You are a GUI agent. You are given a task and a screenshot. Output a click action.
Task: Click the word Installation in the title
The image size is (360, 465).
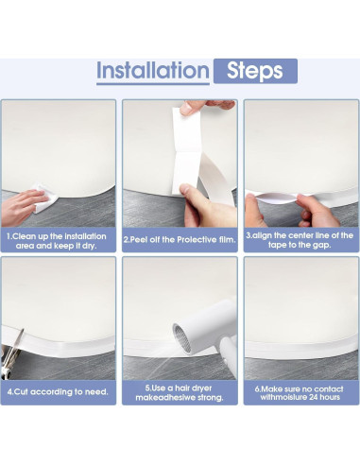152,70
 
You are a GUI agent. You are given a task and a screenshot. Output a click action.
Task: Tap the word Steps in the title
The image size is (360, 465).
255,71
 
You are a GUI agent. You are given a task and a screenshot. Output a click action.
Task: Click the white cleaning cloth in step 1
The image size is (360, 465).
45,197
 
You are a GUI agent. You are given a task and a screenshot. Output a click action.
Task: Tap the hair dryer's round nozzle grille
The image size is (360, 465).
183,338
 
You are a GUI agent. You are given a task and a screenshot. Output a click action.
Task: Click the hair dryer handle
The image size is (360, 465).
229,355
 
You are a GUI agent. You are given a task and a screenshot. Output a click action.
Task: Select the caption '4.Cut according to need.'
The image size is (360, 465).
58,392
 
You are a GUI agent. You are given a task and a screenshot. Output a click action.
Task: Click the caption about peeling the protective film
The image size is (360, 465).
180,240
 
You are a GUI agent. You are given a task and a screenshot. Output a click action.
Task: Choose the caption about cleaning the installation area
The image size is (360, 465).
57,241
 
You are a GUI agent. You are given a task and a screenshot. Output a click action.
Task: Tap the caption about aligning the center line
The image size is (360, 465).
300,240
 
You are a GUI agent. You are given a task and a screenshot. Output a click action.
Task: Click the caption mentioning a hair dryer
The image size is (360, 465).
180,392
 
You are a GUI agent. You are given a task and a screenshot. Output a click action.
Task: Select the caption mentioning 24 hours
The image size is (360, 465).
300,393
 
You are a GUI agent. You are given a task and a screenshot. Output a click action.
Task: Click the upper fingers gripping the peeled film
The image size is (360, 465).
206,106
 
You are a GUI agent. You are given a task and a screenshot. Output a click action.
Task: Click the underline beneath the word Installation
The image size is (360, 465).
153,84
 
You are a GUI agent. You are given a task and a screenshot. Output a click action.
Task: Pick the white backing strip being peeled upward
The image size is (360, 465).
186,150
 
